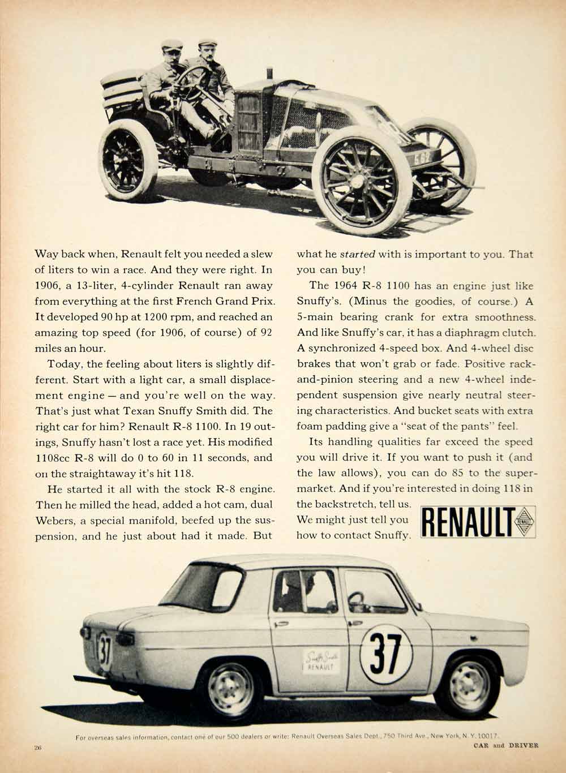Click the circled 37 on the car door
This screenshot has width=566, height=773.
coord(387,652)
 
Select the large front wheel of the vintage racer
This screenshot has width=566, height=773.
coord(363,178)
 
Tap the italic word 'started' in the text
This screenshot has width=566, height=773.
coord(357,254)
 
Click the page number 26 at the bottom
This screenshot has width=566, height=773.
coord(38,747)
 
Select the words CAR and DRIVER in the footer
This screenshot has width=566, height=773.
coord(505,745)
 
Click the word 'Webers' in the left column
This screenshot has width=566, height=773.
coord(54,520)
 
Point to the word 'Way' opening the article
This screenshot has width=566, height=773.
coord(46,254)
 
